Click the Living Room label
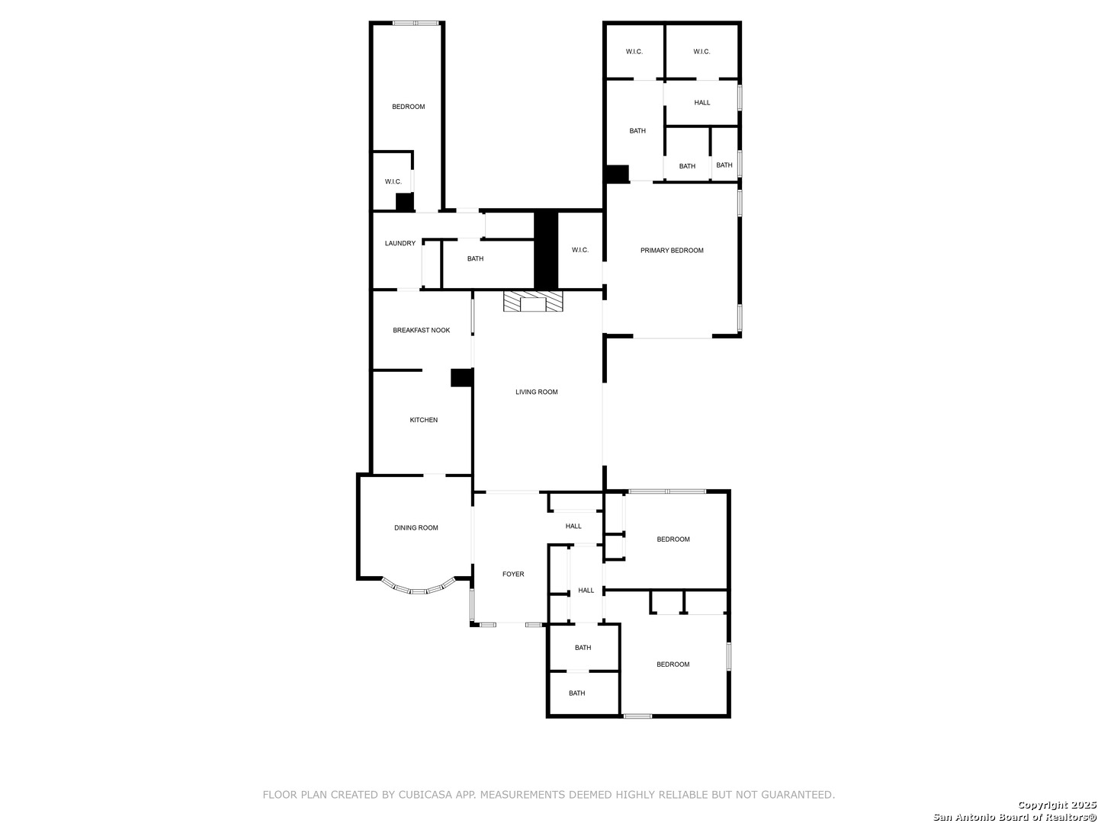[x=536, y=392]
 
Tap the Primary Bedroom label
[x=671, y=251]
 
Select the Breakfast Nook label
[x=421, y=330]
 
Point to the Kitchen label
[x=423, y=420]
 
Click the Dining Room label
[x=416, y=527]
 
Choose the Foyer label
[x=513, y=574]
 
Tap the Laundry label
[x=400, y=243]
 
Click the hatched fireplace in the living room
[x=533, y=301]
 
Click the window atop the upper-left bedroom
[x=416, y=23]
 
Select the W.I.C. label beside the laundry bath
[x=579, y=250]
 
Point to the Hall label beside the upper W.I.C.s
[x=701, y=102]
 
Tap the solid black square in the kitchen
[x=462, y=378]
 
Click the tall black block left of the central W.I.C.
[x=546, y=250]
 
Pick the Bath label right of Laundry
[x=475, y=258]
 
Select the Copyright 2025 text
[x=1057, y=805]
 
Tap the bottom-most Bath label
[x=576, y=693]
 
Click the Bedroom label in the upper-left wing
[x=408, y=107]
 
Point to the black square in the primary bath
[x=618, y=174]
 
